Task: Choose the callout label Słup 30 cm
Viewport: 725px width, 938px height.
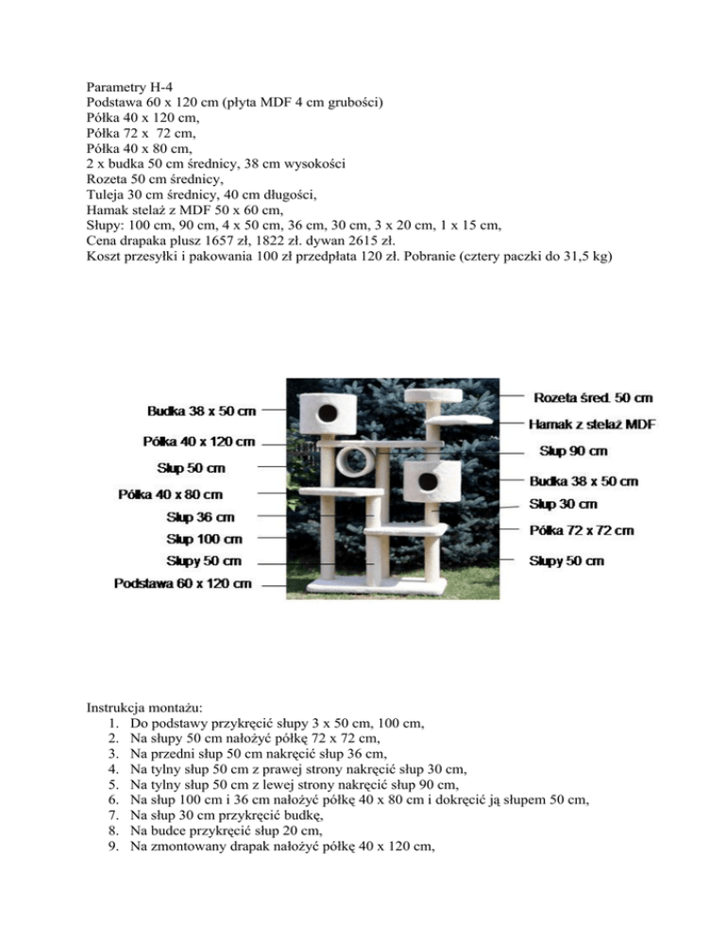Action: click(x=564, y=505)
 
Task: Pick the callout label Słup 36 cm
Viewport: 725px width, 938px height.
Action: click(x=201, y=517)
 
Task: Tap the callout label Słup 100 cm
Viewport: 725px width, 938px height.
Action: click(x=204, y=539)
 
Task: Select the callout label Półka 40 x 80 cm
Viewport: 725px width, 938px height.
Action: click(x=171, y=494)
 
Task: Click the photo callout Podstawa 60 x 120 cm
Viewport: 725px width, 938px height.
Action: click(x=183, y=583)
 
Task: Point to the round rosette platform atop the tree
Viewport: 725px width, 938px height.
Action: click(x=433, y=395)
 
